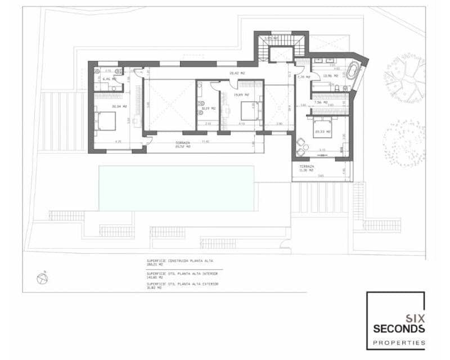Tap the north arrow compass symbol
point(41,278)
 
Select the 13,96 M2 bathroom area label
point(331,75)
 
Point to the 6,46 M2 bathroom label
point(109,79)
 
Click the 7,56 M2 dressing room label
point(320,102)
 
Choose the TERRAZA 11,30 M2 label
point(307,169)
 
